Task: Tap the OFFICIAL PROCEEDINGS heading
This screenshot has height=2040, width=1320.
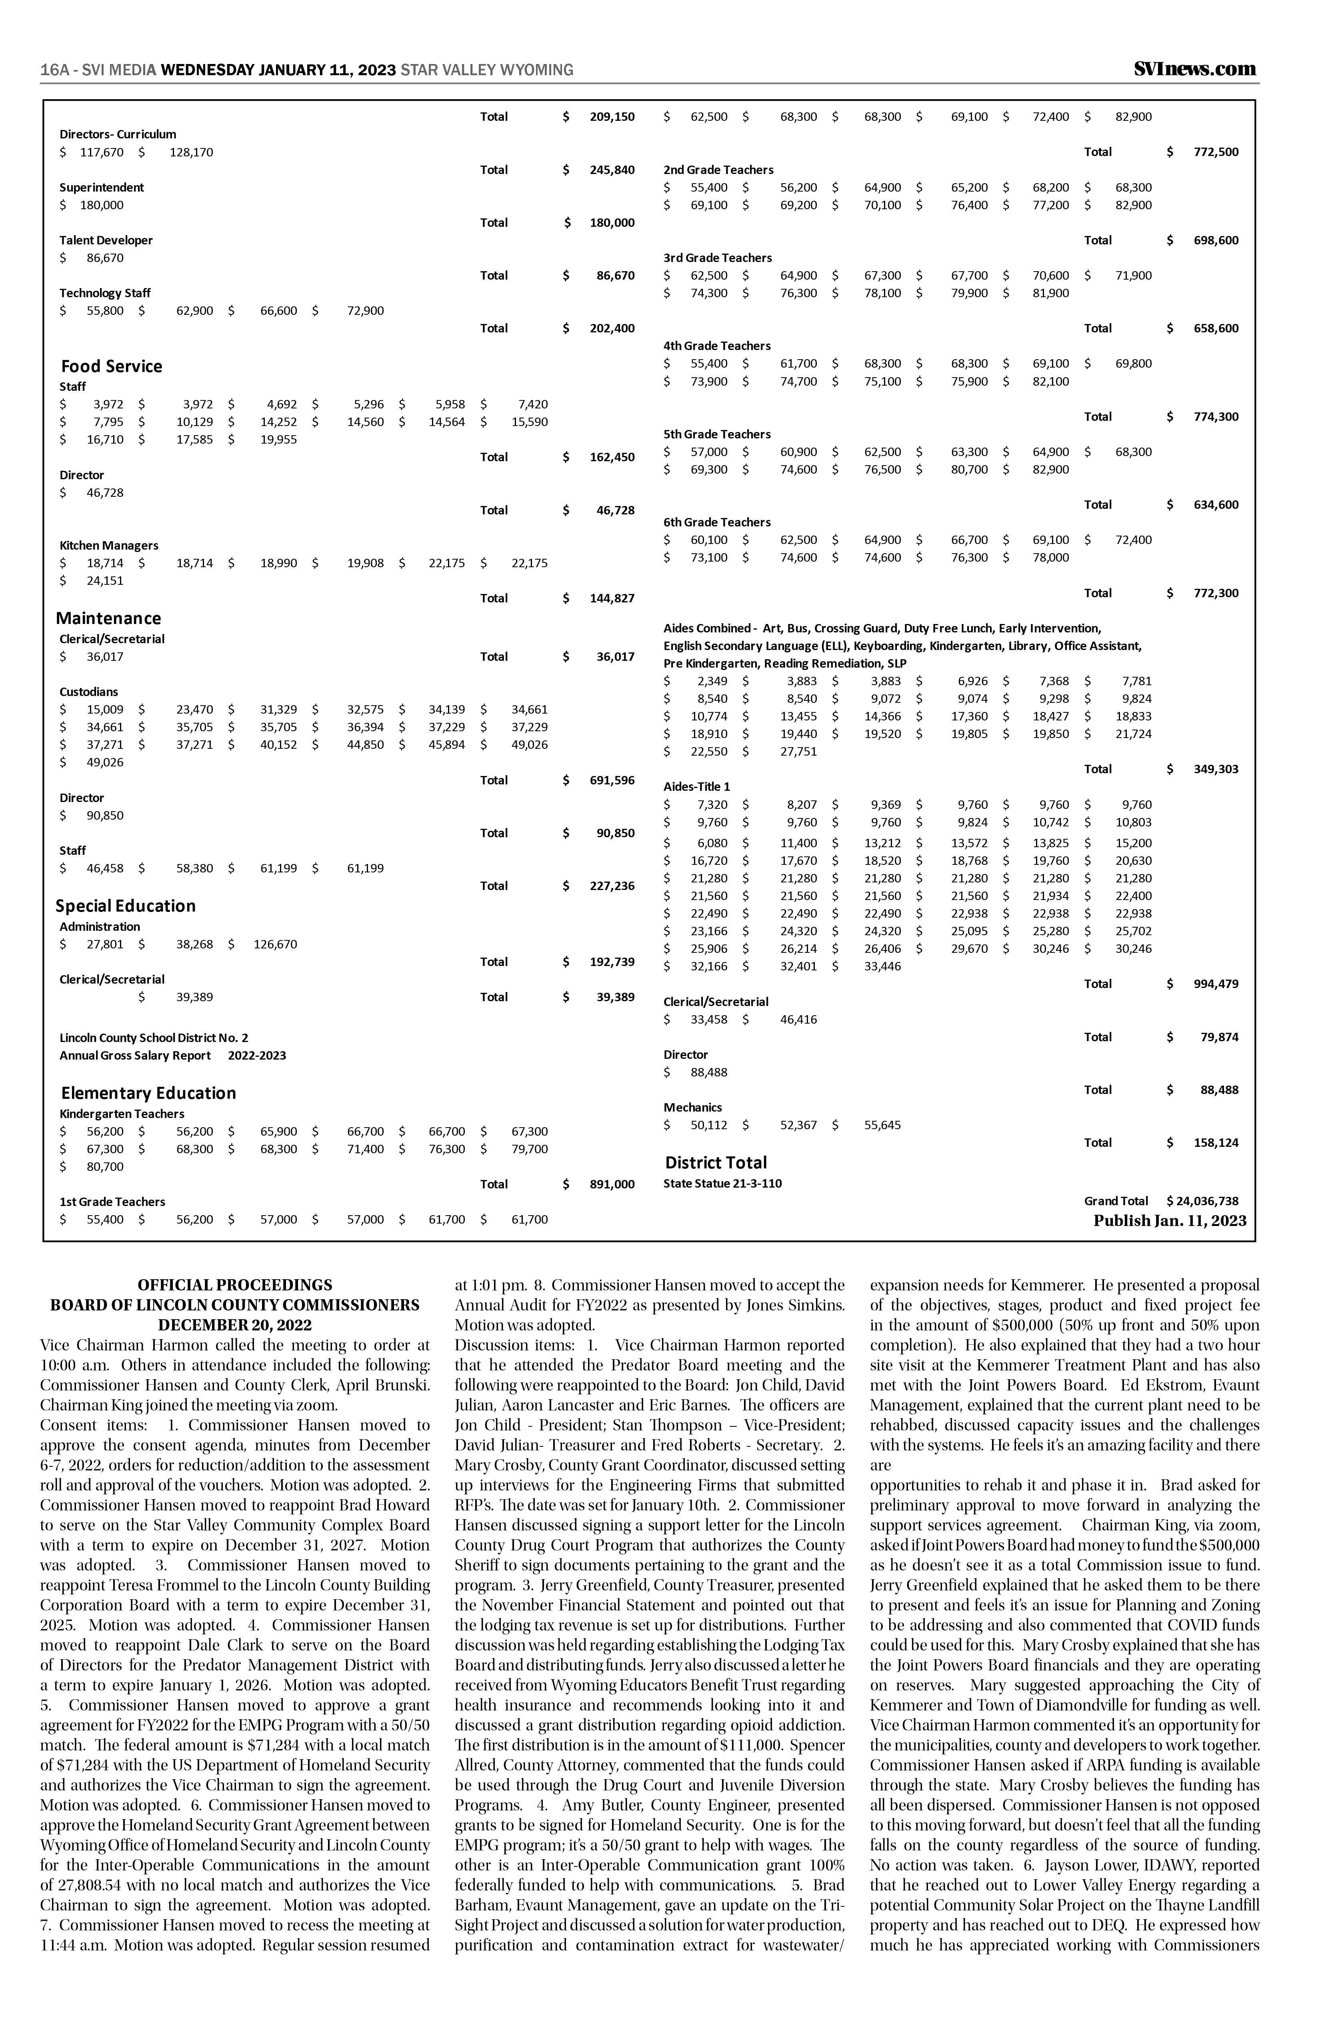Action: pyautogui.click(x=235, y=1285)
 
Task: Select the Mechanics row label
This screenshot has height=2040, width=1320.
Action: pyautogui.click(x=692, y=1108)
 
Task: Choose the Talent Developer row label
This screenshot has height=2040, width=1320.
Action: pyautogui.click(x=106, y=240)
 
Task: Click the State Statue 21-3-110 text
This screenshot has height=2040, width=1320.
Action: pyautogui.click(x=722, y=1184)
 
